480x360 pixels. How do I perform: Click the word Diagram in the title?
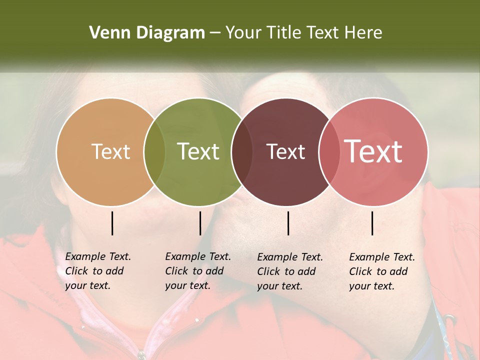169,33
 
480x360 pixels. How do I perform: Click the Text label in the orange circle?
110,151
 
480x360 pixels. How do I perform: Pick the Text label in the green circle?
198,151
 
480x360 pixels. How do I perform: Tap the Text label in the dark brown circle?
285,151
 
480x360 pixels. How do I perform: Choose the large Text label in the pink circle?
373,151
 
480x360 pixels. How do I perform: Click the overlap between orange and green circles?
154,152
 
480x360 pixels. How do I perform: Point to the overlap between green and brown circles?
242,152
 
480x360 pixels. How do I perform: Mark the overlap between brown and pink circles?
329,152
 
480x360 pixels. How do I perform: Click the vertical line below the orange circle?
112,223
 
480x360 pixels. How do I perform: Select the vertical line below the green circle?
200,223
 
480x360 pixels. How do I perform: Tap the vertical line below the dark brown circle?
288,223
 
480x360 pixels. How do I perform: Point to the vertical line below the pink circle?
372,223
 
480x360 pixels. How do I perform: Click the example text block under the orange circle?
97,271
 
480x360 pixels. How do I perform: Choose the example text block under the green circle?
197,271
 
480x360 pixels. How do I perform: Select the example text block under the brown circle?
289,271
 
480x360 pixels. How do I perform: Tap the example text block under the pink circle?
381,271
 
